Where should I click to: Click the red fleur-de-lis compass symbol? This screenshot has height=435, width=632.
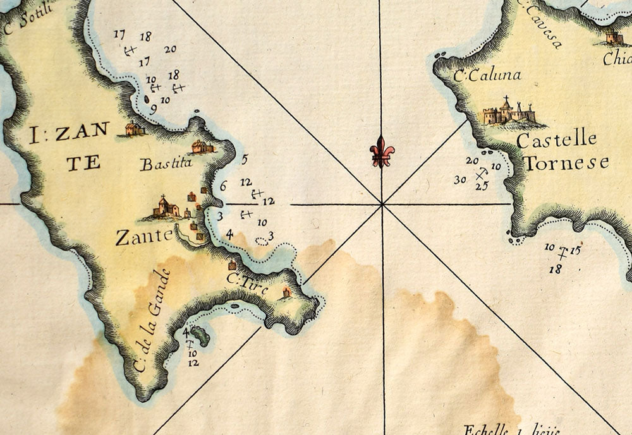pos(382,152)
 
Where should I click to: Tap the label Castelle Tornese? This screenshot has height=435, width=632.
pos(562,151)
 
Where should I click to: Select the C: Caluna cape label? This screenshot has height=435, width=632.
pos(488,75)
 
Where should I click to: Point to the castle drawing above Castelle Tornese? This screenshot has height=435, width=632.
pos(509,112)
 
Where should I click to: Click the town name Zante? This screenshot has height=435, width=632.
pos(144,237)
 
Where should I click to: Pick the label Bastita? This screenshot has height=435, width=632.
pos(166,165)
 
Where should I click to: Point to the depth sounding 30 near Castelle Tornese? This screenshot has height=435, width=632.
pos(460,180)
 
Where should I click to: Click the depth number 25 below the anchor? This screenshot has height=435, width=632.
pos(482,186)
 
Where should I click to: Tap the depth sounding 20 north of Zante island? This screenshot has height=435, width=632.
pos(170,49)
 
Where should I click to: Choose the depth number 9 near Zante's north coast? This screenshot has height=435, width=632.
pos(153,109)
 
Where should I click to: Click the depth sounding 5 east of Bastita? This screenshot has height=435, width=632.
pos(245,160)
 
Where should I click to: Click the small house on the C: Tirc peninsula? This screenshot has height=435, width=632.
pos(286,293)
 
